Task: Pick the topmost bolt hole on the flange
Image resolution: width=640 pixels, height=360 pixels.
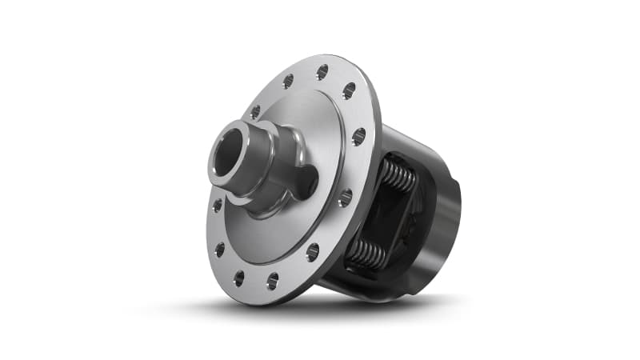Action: [322, 72]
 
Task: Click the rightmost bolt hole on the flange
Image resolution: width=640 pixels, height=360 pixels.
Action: [358, 137]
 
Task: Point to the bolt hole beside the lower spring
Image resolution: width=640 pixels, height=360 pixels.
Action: [312, 252]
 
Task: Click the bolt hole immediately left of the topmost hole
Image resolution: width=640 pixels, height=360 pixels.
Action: [287, 81]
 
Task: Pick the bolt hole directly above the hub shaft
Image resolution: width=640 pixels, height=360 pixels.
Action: [257, 111]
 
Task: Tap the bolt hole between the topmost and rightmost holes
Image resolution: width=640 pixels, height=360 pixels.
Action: [349, 90]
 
